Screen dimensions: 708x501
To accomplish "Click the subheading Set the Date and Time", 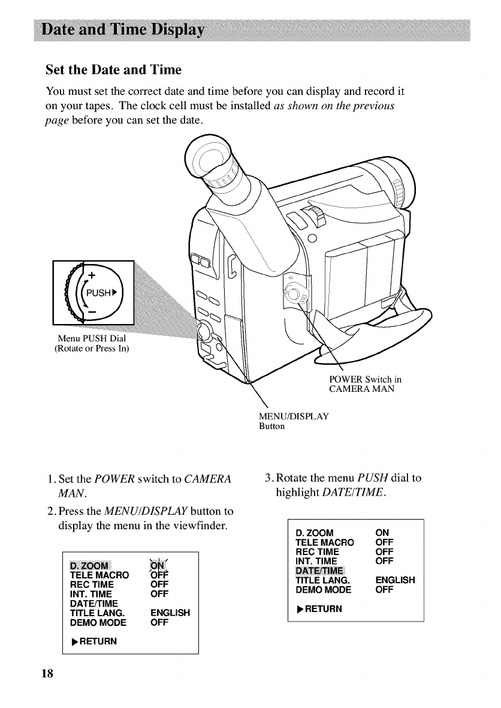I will [x=113, y=70].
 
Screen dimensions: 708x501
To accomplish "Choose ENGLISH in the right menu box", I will [x=395, y=580].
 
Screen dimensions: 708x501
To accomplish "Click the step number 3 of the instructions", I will [x=268, y=478].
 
